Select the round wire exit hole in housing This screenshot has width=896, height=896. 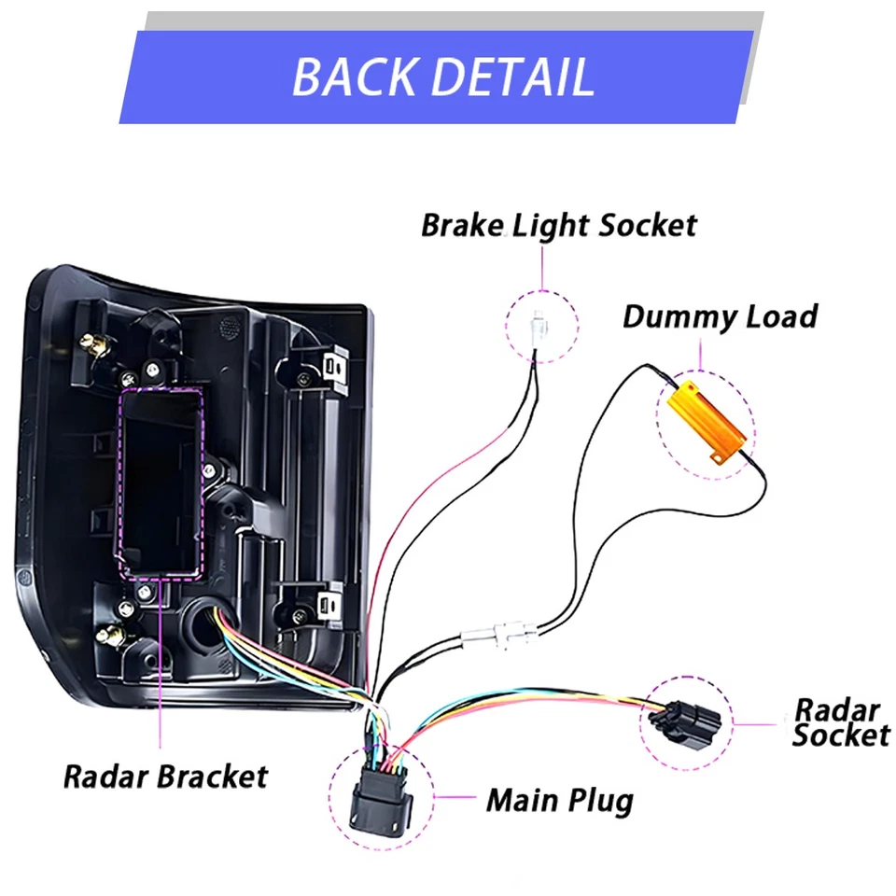[200, 619]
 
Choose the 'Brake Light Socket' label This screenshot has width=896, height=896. [558, 226]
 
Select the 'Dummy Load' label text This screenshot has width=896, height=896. [719, 316]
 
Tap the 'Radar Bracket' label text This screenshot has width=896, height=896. [165, 776]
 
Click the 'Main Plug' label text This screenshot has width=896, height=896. [559, 800]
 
